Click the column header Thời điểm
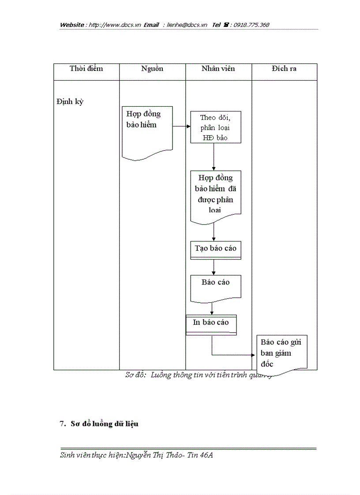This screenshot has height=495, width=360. click(86, 68)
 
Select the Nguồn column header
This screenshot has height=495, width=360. click(152, 68)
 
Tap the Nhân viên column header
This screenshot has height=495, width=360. click(218, 68)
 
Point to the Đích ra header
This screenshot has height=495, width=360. click(284, 68)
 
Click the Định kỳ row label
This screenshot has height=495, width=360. click(70, 102)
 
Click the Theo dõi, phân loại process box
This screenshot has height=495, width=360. click(216, 127)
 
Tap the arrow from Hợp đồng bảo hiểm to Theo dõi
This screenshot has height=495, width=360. click(181, 126)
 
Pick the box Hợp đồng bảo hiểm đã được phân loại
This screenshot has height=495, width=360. click(216, 194)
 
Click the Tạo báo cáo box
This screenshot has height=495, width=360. click(216, 249)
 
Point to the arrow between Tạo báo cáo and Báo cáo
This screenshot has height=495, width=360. click(214, 267)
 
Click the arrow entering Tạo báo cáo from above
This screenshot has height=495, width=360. click(214, 232)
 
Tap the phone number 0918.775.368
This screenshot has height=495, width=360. click(251, 25)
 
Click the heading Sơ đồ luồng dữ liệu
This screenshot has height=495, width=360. click(104, 424)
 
